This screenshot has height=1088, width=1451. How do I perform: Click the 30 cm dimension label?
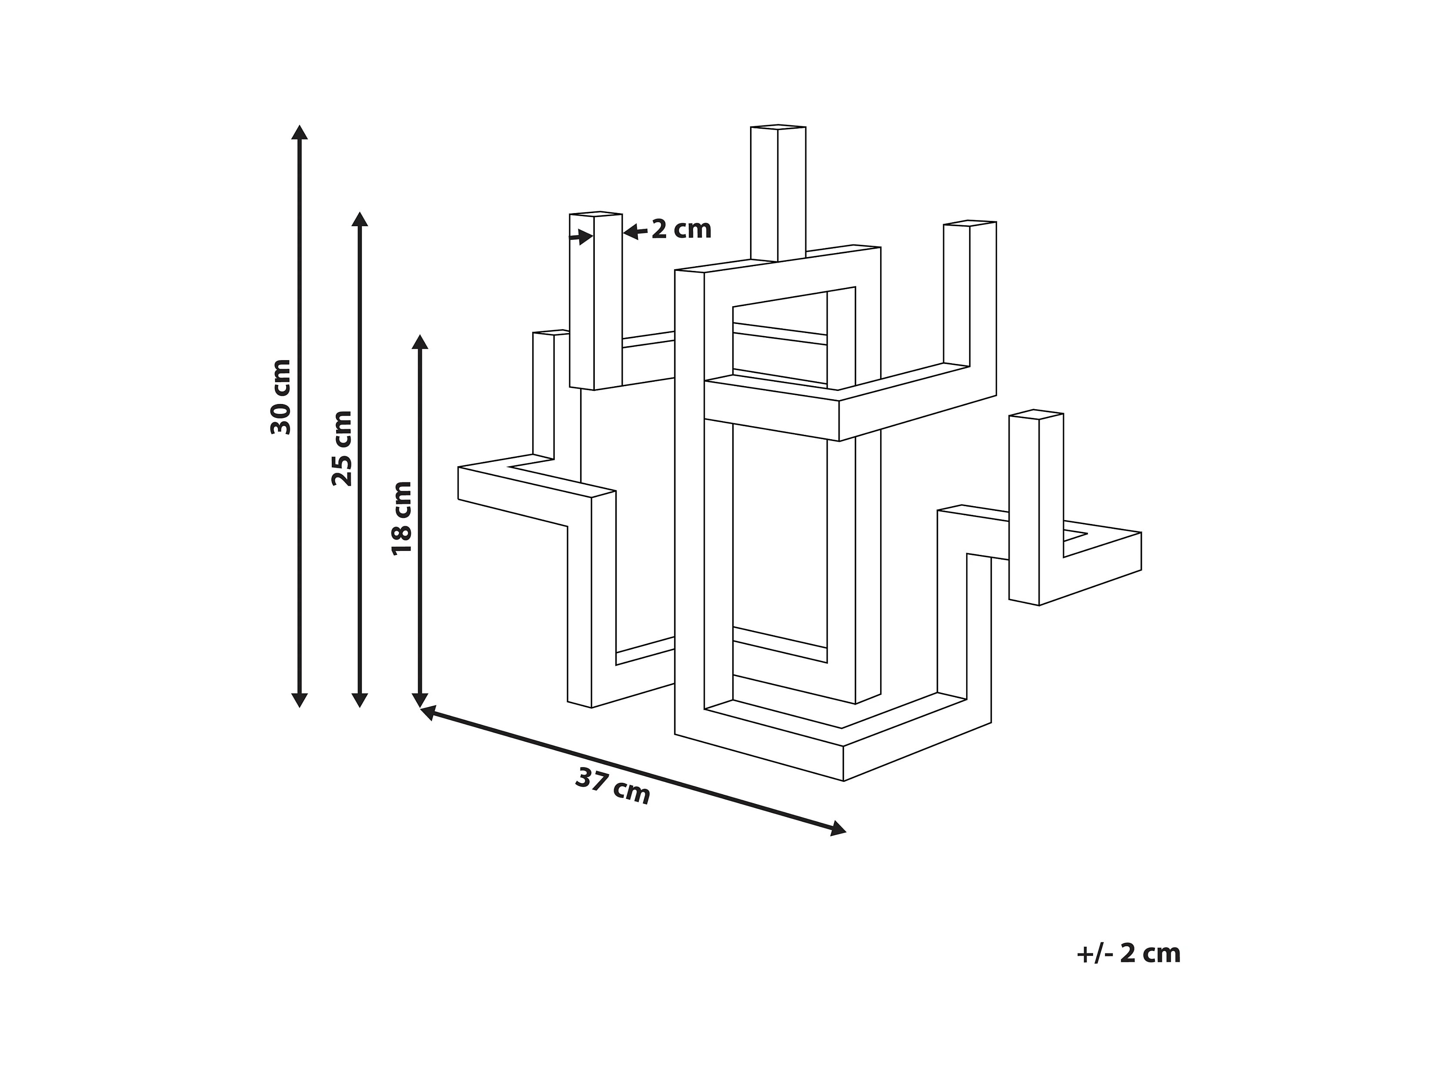pos(281,397)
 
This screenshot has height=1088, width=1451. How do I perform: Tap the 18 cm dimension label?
pos(401,518)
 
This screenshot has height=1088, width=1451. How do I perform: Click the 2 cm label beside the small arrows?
pos(681,230)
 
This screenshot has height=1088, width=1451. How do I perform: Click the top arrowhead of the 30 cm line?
pos(300,132)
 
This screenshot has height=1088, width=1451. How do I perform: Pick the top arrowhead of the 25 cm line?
pos(360,219)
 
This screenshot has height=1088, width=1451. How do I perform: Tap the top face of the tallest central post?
pos(778,127)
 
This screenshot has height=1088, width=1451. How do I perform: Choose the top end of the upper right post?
pos(970,223)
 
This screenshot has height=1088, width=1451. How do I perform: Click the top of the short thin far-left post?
pos(549,333)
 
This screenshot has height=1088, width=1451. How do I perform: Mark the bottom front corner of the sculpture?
pos(843,780)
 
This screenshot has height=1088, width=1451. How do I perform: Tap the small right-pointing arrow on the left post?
pos(583,237)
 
